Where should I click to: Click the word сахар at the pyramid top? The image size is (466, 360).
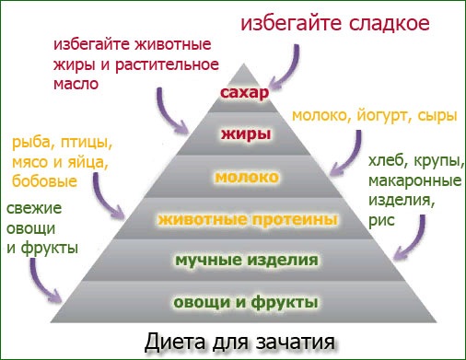click(244, 94)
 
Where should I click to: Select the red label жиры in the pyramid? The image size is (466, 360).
click(245, 134)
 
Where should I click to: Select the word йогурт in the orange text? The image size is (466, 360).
click(380, 116)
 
